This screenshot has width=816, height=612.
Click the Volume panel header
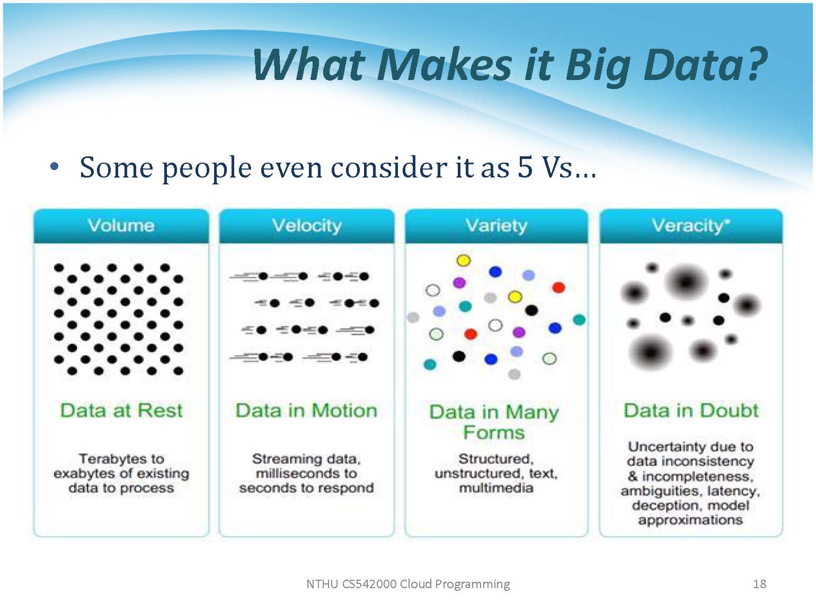(x=121, y=226)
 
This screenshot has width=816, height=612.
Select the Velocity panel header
(x=307, y=226)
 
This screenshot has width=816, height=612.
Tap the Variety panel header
(x=496, y=226)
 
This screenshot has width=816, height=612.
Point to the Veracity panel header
(x=691, y=226)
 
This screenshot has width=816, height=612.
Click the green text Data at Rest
(x=121, y=411)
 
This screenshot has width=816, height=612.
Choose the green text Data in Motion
(x=307, y=411)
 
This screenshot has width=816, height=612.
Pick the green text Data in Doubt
(x=691, y=411)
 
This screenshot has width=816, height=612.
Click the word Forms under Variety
(x=494, y=432)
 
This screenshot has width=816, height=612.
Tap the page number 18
(x=759, y=584)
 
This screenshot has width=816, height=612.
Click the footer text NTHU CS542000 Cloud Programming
(x=408, y=584)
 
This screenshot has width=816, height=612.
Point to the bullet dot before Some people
(x=54, y=167)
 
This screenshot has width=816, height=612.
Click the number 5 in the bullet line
(x=525, y=167)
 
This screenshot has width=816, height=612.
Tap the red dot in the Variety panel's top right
(x=558, y=287)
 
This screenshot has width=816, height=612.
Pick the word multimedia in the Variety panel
(x=496, y=488)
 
